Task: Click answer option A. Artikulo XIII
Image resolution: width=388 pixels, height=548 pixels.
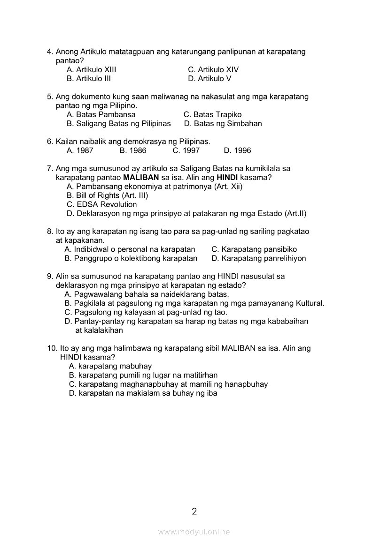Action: (91, 70)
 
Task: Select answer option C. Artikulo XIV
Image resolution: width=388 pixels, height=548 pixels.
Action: (213, 70)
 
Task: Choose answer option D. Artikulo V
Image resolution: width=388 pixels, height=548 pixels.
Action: (210, 79)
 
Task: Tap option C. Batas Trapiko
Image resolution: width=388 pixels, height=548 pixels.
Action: (212, 115)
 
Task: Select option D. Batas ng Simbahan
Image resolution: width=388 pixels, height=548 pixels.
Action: (223, 124)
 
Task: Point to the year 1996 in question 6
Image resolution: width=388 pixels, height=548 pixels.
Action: (237, 151)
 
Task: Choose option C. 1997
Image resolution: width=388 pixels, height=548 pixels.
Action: (186, 151)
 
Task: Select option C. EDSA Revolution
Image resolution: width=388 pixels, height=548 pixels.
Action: (102, 205)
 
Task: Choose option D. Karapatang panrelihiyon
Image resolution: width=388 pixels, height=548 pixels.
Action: (258, 259)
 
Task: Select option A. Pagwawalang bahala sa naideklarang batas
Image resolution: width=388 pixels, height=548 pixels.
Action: (147, 295)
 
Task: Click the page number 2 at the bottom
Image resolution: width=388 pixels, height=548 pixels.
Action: (194, 511)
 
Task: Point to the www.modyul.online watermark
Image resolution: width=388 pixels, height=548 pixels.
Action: (194, 532)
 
